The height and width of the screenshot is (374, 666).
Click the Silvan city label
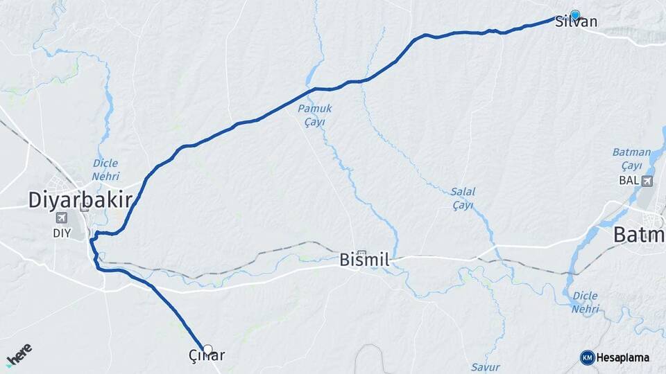[x=577, y=22]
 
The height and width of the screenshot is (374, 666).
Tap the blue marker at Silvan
[x=575, y=15]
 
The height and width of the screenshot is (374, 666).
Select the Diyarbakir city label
[x=80, y=200]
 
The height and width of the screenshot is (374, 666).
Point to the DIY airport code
[x=62, y=233]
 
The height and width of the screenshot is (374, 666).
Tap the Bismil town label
[x=364, y=260]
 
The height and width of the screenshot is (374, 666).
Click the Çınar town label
[x=207, y=356]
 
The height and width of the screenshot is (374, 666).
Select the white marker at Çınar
[x=207, y=349]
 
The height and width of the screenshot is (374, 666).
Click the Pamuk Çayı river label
[x=315, y=115]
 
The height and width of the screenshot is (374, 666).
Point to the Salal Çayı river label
[x=462, y=198]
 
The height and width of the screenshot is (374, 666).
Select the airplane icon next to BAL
[x=647, y=181]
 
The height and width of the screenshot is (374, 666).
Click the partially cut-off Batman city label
[x=639, y=235]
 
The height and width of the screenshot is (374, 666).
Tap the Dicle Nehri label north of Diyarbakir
[x=105, y=170]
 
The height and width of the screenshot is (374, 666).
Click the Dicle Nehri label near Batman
[x=585, y=302]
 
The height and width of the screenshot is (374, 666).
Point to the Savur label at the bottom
[x=485, y=366]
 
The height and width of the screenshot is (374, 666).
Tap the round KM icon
[x=587, y=357]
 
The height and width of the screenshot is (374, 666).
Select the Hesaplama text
[x=623, y=357]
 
